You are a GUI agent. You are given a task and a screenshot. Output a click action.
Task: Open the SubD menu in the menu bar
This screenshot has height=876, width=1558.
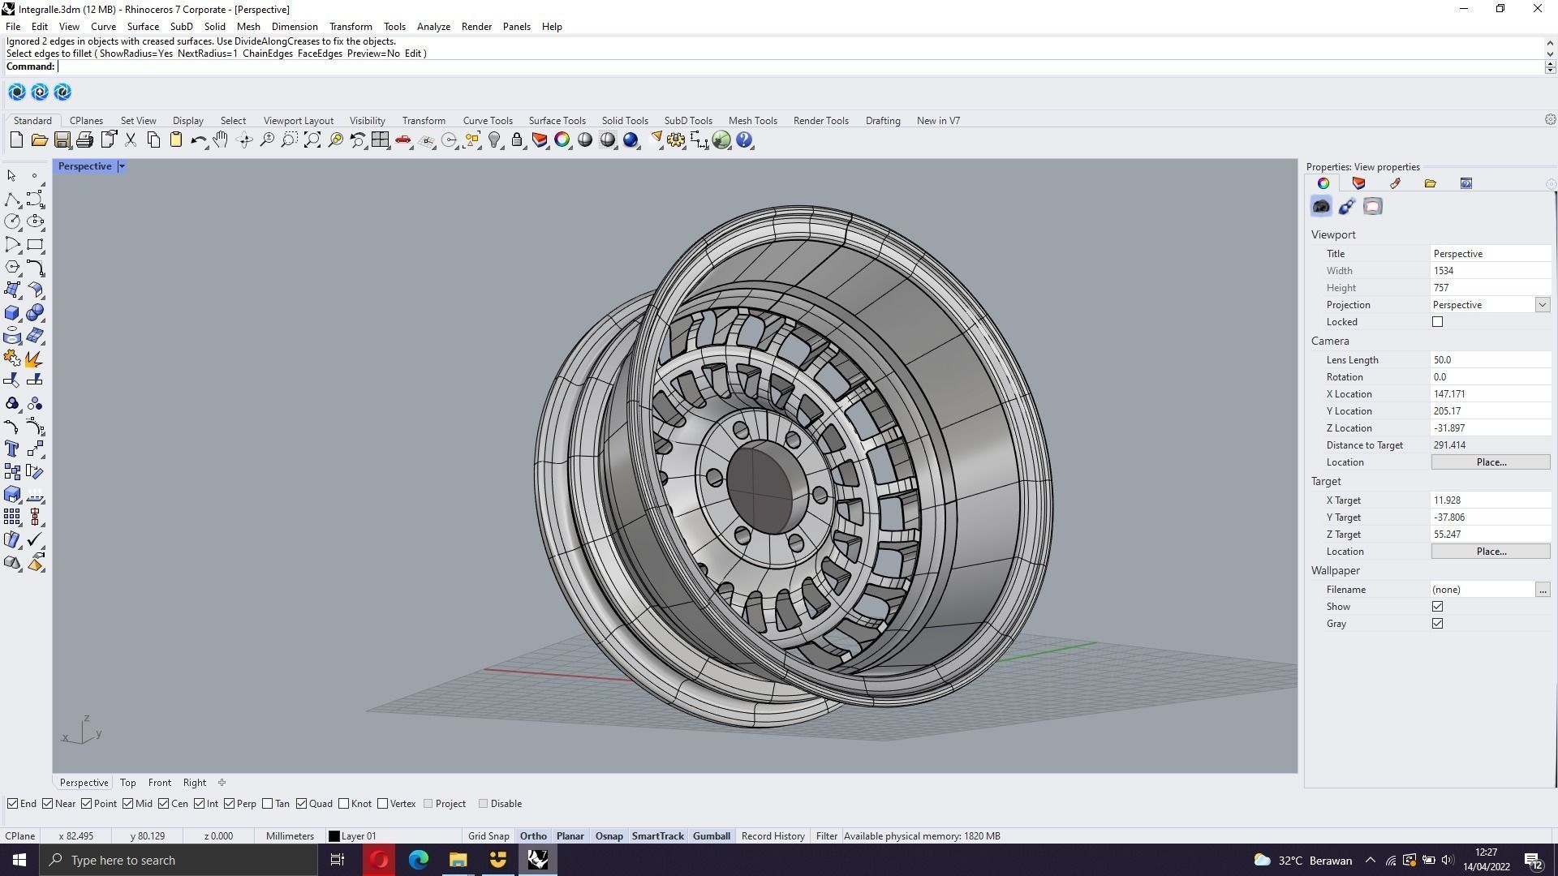(181, 27)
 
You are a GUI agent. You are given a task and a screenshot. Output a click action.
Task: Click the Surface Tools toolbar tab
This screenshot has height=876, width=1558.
(557, 121)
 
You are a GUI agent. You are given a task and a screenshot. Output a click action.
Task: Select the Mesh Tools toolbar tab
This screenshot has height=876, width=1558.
(752, 121)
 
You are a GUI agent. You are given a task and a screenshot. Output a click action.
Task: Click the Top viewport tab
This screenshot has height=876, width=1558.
(127, 783)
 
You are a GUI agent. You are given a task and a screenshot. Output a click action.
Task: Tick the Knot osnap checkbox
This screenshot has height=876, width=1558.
(344, 804)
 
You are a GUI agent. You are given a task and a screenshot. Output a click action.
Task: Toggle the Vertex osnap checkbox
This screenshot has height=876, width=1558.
(383, 804)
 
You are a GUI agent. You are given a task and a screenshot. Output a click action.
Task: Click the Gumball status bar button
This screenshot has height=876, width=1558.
(711, 836)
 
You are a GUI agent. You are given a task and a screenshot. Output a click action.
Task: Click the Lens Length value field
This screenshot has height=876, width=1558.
(1490, 360)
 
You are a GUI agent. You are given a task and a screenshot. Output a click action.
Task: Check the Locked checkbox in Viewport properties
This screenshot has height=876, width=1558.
(1437, 322)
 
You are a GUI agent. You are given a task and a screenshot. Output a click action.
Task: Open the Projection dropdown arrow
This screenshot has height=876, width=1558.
(1542, 305)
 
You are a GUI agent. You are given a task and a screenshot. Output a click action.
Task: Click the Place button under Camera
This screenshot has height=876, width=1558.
(1490, 462)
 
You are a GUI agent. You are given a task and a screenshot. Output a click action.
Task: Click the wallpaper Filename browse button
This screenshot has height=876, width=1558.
(1542, 590)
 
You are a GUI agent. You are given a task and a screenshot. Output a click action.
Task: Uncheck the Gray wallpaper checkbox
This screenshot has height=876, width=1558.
(1437, 624)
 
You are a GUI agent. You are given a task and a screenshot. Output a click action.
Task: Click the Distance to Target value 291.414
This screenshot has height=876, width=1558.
(1490, 445)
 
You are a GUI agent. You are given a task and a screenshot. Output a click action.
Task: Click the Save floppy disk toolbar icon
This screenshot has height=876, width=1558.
(62, 140)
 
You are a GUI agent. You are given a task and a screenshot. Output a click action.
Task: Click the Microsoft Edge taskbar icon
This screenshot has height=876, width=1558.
(418, 860)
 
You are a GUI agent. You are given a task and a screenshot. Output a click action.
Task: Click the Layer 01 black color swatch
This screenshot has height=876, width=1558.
(334, 836)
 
